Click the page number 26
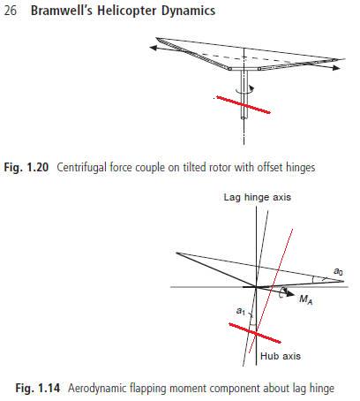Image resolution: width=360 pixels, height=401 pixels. point(11,11)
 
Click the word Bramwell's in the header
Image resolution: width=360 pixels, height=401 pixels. point(62,11)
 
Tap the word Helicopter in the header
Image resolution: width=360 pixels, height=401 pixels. point(127,11)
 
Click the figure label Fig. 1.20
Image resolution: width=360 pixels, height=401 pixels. point(26,167)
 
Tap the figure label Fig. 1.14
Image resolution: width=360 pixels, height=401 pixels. point(38,388)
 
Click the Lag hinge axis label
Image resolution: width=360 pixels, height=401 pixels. point(258,197)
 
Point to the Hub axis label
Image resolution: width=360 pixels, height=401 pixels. point(281,356)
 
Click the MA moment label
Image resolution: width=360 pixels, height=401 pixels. point(305,299)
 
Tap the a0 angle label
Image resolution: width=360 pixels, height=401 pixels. point(338,271)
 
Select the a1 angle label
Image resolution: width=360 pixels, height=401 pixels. point(241,311)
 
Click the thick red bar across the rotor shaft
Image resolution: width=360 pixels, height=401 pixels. point(244,104)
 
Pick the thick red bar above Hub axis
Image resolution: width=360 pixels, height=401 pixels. point(255,333)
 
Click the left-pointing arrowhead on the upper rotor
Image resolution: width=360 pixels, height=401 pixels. point(153,48)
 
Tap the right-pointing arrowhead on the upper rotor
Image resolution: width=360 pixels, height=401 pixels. point(336,68)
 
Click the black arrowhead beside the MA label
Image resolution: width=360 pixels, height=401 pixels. point(290,293)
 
